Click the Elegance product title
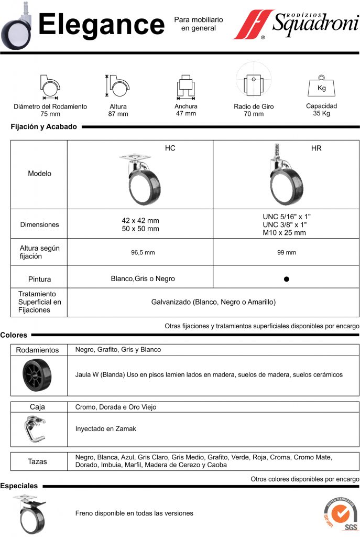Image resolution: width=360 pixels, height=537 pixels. tap(101, 25)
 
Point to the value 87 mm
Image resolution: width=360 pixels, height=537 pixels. tap(118, 114)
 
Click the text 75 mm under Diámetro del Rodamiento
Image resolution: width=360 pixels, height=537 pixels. tap(50, 114)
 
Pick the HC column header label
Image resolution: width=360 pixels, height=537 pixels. tap(170, 148)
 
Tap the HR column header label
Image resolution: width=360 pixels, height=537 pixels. tap(316, 148)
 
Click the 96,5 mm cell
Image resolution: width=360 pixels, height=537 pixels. tap(143, 253)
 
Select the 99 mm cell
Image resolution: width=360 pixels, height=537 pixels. tap(287, 253)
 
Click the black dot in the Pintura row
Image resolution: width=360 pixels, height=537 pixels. tap(287, 279)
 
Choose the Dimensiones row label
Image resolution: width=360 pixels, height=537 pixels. tap(39, 224)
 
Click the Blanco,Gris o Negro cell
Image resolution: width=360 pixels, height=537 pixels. tap(143, 279)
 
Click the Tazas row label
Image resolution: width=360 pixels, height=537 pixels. tap(37, 461)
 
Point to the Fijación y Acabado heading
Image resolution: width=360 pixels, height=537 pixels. tap(43, 126)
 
